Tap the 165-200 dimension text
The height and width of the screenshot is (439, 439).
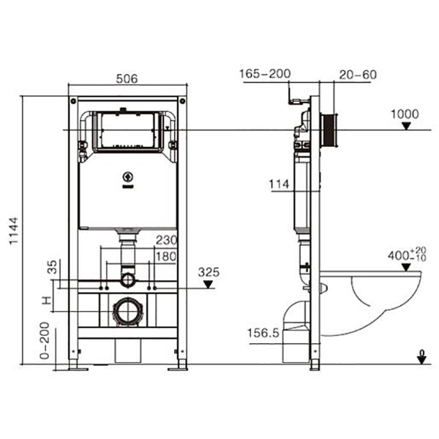(265, 73)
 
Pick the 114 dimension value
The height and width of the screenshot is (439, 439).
(280, 185)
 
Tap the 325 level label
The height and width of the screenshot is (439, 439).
(209, 272)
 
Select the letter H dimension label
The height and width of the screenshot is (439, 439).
(47, 301)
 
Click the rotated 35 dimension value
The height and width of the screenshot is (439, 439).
(51, 266)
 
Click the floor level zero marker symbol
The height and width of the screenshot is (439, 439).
(421, 357)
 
